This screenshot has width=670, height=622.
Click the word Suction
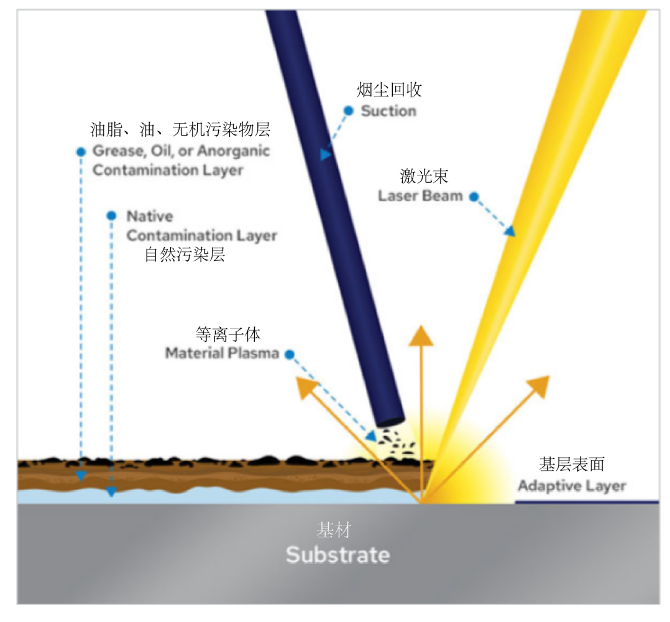pyautogui.click(x=388, y=111)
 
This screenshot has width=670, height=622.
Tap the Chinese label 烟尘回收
pyautogui.click(x=389, y=90)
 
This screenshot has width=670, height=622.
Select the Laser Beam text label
pyautogui.click(x=421, y=196)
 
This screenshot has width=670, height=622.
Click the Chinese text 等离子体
pyautogui.click(x=227, y=334)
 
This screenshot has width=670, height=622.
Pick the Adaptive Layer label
pyautogui.click(x=572, y=486)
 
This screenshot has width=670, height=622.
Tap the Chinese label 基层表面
pyautogui.click(x=572, y=465)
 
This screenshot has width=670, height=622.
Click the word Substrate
pyautogui.click(x=337, y=554)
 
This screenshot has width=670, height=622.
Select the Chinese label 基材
pyautogui.click(x=334, y=530)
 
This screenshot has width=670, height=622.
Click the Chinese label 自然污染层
pyautogui.click(x=185, y=255)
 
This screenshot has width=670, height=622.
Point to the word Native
pyautogui.click(x=150, y=216)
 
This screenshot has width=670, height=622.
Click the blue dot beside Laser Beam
pyautogui.click(x=474, y=197)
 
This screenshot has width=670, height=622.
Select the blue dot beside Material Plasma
pyautogui.click(x=290, y=354)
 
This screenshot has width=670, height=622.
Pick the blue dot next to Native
pyautogui.click(x=111, y=216)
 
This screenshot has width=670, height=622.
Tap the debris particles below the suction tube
pyautogui.click(x=393, y=439)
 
